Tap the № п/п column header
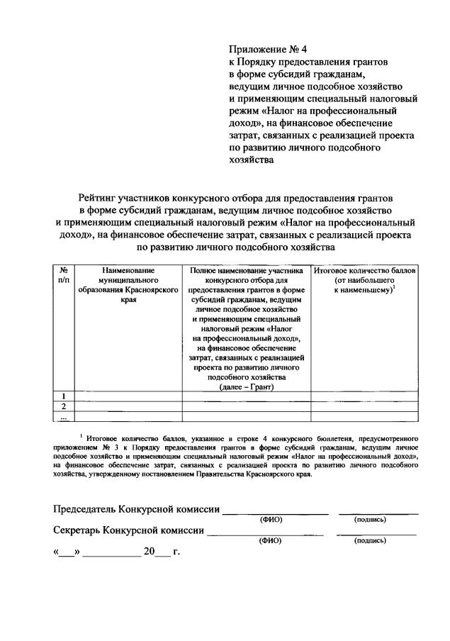point(64,276)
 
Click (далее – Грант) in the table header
point(246,386)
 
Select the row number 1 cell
point(64,396)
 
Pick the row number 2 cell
point(64,406)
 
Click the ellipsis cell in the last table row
point(64,416)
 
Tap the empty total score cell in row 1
point(364,396)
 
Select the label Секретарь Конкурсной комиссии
point(129,530)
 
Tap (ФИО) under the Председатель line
point(271,520)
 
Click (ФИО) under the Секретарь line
point(271,540)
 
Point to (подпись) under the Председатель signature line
point(370,520)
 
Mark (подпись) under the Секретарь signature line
point(370,540)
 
